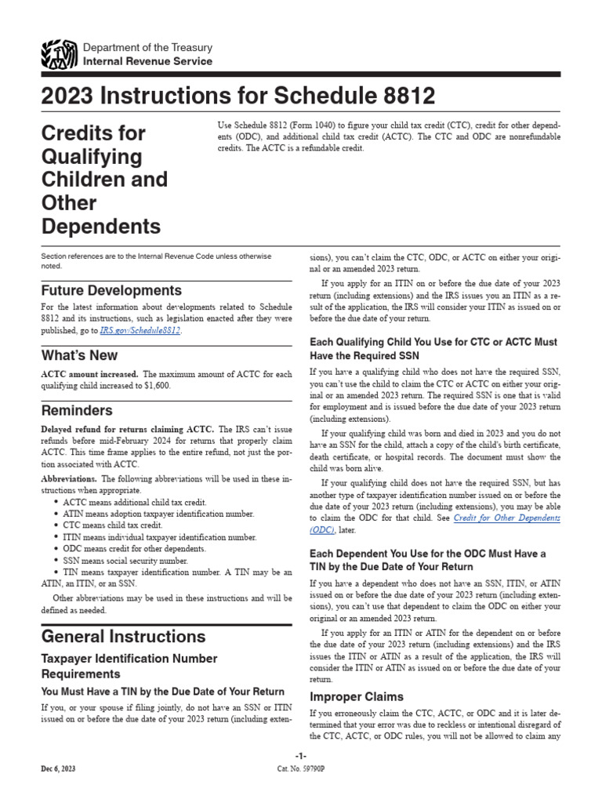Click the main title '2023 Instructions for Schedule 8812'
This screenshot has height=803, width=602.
tap(238, 97)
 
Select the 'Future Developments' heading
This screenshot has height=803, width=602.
tap(111, 290)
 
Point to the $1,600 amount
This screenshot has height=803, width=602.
tap(154, 385)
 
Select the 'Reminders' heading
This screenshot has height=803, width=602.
tap(77, 410)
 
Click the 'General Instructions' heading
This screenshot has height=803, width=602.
tap(123, 636)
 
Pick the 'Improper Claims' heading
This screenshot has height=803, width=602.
tap(357, 696)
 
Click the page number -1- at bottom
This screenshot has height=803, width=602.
tap(300, 754)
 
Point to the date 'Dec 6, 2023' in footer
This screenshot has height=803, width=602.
tap(59, 769)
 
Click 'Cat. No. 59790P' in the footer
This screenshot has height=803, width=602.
tap(301, 769)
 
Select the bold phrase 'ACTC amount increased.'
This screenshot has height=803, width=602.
tap(89, 373)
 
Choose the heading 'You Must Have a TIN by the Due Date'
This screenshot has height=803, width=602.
tap(162, 691)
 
